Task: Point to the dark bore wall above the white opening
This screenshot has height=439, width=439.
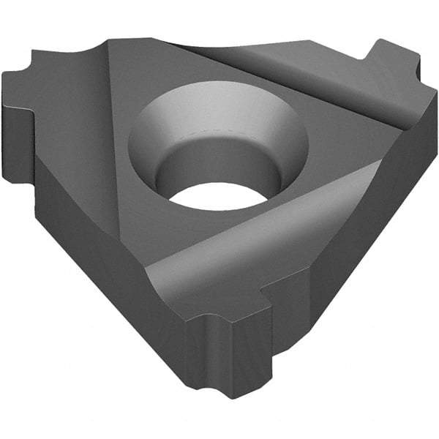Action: pyautogui.click(x=219, y=165)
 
